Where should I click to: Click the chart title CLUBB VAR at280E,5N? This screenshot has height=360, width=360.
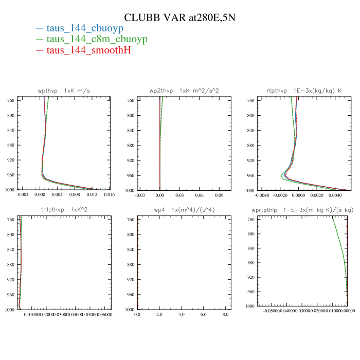coord(180,18)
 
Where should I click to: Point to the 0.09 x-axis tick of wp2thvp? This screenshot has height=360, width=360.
coord(219,195)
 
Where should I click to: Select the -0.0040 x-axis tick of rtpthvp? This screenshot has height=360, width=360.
coord(262,195)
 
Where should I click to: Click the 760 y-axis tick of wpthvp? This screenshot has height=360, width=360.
coord(11,100)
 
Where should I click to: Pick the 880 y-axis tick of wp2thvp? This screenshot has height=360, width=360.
coord(131,146)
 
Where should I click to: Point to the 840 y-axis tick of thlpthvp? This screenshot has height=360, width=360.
coord(11,250)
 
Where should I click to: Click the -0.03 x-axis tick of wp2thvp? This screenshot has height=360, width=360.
coord(140,195)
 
